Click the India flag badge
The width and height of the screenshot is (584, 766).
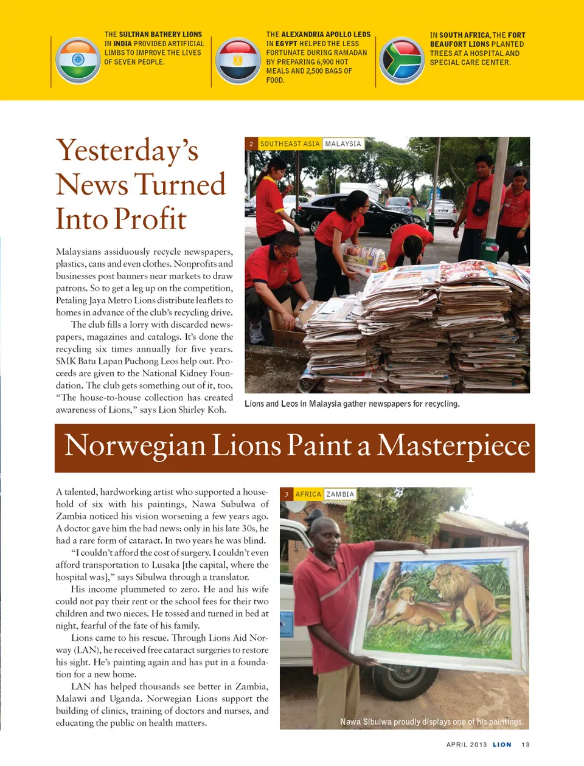[x=78, y=60]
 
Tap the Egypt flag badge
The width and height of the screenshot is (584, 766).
[x=238, y=60]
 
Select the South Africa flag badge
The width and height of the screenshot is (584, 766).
[x=401, y=60]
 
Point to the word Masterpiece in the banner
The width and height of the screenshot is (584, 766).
[x=453, y=446]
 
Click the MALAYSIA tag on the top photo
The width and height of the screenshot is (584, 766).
[x=343, y=144]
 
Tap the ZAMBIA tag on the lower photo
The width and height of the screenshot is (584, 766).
[x=340, y=494]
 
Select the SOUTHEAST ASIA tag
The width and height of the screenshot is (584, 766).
[x=290, y=144]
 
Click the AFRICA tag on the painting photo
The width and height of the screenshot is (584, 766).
[x=308, y=494]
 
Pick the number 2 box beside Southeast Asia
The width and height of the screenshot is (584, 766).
[x=251, y=144]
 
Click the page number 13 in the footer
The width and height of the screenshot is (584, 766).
[x=526, y=745]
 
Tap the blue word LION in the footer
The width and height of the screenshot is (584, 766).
[x=502, y=745]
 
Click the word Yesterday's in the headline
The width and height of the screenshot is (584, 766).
[x=127, y=151]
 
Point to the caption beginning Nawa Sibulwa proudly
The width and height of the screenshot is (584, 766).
[x=431, y=722]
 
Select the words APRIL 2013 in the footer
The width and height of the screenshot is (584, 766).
[x=467, y=745]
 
